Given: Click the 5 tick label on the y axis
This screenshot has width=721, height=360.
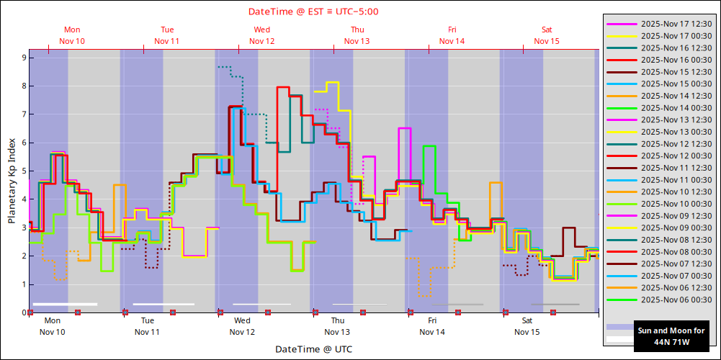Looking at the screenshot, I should [x=23, y=171].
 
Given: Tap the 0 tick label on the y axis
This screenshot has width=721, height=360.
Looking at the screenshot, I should [x=23, y=312].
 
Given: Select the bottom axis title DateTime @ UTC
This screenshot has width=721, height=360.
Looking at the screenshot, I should [x=313, y=349].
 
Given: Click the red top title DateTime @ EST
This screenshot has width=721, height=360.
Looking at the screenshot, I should [x=313, y=11].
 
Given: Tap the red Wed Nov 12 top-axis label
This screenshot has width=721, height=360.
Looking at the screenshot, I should [x=262, y=35].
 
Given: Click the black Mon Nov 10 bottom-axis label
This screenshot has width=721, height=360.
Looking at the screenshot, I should [x=53, y=326].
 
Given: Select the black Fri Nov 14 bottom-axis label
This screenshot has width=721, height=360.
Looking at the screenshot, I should [x=432, y=326].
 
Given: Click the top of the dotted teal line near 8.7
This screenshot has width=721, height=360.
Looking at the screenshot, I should [x=224, y=67].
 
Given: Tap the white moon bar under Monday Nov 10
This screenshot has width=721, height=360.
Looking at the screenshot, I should [x=65, y=304].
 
